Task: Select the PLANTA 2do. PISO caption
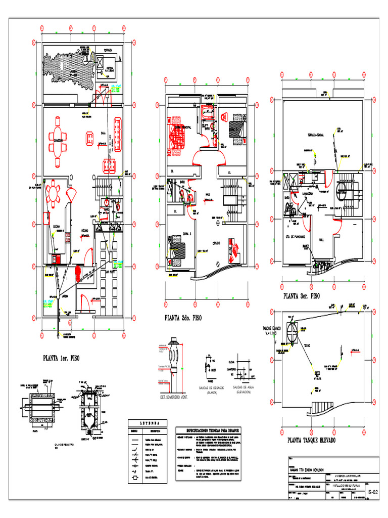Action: [182, 318]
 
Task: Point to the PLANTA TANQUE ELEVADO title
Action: [311, 440]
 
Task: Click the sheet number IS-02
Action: [372, 491]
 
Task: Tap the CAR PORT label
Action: [110, 272]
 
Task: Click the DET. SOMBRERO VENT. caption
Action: [174, 397]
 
